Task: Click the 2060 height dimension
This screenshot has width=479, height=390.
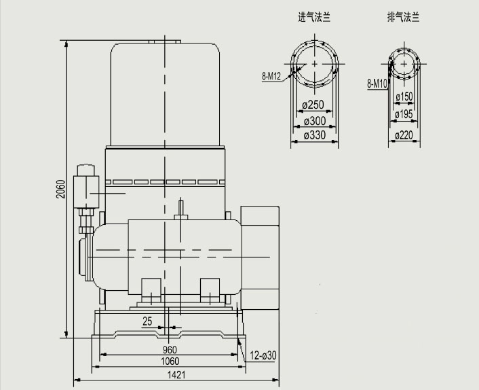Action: (61, 189)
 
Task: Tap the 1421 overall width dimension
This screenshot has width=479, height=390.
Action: (176, 375)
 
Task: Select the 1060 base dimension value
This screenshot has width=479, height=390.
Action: (170, 361)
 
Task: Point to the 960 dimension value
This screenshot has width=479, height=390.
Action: (170, 350)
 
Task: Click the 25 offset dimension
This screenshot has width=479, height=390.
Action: (147, 321)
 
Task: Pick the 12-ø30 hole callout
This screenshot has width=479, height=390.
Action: (263, 355)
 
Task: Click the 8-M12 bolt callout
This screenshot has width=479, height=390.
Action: (271, 76)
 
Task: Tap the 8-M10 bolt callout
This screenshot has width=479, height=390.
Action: (377, 83)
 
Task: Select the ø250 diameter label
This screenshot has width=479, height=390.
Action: (313, 105)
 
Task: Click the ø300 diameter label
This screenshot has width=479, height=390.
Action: (315, 121)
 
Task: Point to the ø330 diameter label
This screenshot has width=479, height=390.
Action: (315, 135)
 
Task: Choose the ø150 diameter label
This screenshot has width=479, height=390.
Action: (404, 97)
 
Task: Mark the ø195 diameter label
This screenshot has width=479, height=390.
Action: (404, 114)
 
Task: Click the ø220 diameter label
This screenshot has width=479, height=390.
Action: (404, 135)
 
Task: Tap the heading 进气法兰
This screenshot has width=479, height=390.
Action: (314, 17)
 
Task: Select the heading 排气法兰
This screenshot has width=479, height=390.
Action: (404, 17)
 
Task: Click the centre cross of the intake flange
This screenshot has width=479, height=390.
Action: (315, 64)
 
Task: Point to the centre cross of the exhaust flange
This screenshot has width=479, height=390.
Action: (404, 64)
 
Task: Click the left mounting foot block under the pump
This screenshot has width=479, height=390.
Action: (151, 291)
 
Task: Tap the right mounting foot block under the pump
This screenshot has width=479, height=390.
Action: (210, 291)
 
